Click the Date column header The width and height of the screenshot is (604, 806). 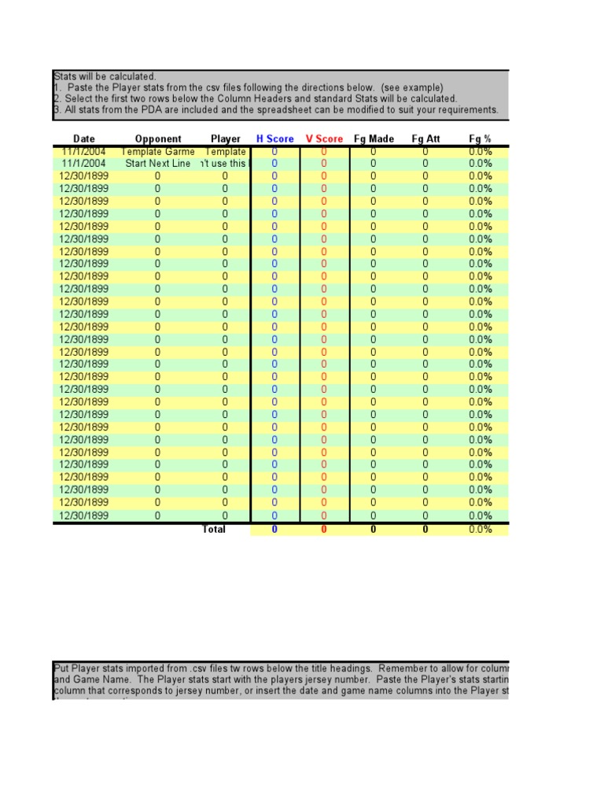pos(83,139)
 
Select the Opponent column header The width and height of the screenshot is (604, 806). pos(158,139)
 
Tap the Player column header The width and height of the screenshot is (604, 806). pos(226,139)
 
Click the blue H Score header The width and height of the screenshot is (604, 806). pos(274,139)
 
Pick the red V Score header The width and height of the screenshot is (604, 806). pos(324,139)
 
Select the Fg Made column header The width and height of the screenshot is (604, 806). pos(374,139)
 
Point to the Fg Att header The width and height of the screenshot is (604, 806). pos(425,139)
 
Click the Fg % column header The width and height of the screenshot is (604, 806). pos(480,139)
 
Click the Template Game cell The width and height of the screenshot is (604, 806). pos(158,151)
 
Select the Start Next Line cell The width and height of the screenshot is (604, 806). pos(158,164)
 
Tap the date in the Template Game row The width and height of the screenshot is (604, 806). pos(83,151)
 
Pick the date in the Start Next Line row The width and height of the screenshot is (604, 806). pos(83,164)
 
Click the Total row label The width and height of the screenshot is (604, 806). pos(214,530)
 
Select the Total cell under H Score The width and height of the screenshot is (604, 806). pos(274,530)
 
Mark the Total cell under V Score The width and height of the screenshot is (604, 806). pos(324,530)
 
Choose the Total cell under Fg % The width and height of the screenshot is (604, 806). pos(480,530)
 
